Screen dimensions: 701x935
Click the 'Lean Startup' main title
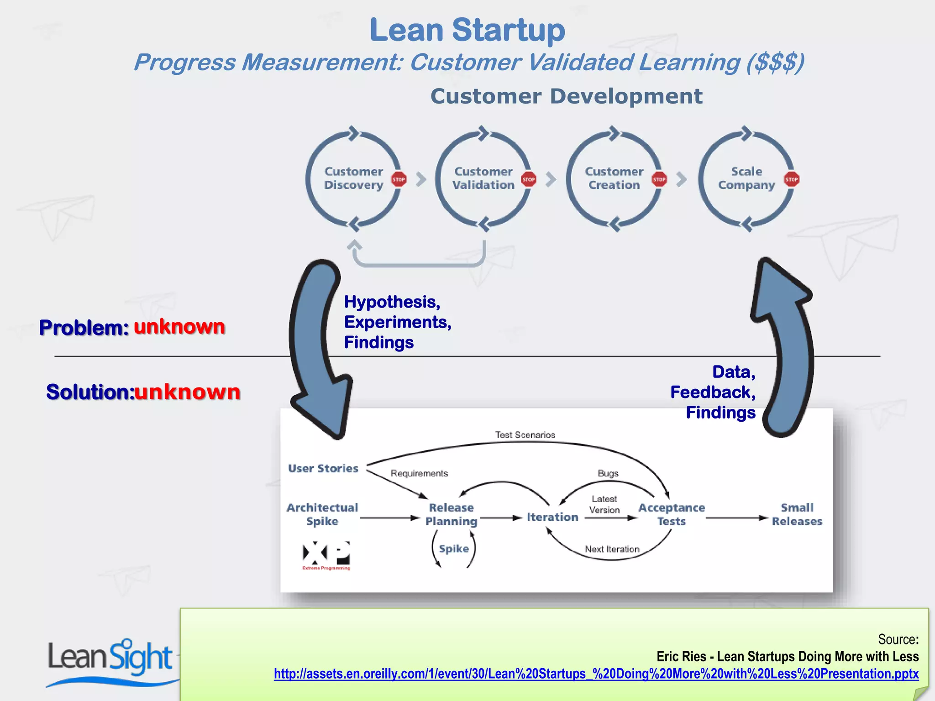pyautogui.click(x=467, y=30)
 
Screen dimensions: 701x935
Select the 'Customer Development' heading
pyautogui.click(x=566, y=96)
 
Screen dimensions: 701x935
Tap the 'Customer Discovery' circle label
pyautogui.click(x=353, y=178)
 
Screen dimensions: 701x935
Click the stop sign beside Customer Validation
pyautogui.click(x=529, y=179)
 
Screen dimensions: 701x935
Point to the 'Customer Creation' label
pyautogui.click(x=614, y=178)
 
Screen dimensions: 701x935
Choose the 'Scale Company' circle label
pyautogui.click(x=746, y=178)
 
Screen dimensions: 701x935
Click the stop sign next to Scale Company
pyautogui.click(x=792, y=179)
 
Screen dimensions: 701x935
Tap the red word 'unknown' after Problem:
pyautogui.click(x=179, y=327)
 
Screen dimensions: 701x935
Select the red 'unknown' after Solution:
pyautogui.click(x=187, y=392)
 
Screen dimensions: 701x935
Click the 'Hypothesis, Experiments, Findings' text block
pyautogui.click(x=397, y=322)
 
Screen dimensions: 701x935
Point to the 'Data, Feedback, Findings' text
pyautogui.click(x=714, y=392)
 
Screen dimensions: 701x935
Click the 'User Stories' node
pyautogui.click(x=323, y=468)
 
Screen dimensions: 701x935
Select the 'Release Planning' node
pyautogui.click(x=451, y=514)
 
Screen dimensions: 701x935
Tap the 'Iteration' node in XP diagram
pyautogui.click(x=552, y=517)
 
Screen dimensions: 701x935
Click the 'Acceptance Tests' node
pyautogui.click(x=671, y=514)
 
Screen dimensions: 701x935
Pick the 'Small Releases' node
pyautogui.click(x=797, y=514)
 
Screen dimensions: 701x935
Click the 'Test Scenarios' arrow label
pyautogui.click(x=525, y=435)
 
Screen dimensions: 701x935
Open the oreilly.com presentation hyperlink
pyautogui.click(x=596, y=674)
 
